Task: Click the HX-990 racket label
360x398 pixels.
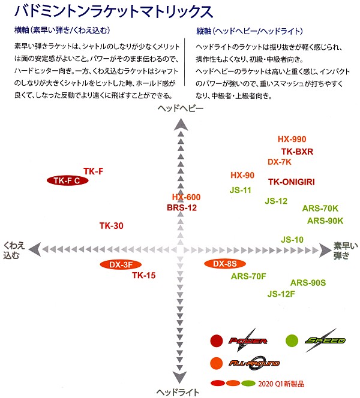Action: coord(292,139)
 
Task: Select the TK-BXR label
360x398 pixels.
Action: coord(297,152)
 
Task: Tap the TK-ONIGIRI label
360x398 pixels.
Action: coord(292,182)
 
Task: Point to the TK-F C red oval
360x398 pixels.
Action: coord(67,180)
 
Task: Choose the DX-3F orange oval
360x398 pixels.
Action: coord(121,265)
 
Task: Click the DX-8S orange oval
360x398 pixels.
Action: coord(225,264)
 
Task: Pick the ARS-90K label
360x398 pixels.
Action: coord(325,221)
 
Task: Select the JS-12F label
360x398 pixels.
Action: coord(281,294)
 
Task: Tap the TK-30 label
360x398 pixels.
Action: coord(111,225)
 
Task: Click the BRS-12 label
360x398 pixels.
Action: coord(182,207)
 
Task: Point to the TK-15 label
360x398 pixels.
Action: coord(143,275)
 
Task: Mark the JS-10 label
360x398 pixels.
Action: coord(292,240)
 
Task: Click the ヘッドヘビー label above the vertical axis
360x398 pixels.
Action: coord(181,108)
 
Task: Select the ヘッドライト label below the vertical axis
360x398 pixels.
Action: coord(178,393)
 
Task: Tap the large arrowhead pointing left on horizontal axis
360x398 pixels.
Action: coord(35,249)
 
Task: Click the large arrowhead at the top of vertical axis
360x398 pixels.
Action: coord(181,125)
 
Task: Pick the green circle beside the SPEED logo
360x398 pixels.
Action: coord(292,340)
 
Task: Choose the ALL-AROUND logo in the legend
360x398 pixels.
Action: coord(254,363)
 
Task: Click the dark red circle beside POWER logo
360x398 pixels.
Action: coord(217,340)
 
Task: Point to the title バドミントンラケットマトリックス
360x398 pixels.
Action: coord(113,11)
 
